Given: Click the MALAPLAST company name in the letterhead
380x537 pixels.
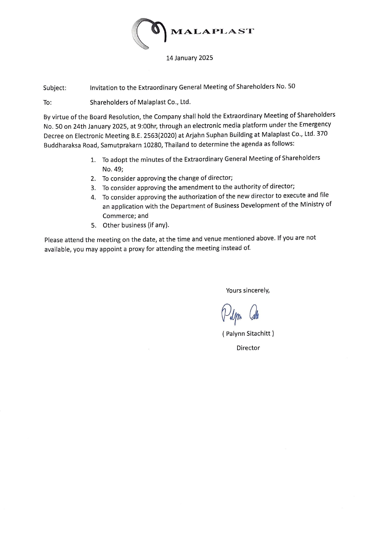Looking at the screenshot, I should coord(212,31).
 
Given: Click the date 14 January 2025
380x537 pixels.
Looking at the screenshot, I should coord(189,58).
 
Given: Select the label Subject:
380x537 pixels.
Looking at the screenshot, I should coord(55,88).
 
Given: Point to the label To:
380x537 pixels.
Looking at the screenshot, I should coord(47,103).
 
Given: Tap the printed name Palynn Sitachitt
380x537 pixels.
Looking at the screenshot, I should coord(248,334).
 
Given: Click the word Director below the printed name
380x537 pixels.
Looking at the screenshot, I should coord(248,348).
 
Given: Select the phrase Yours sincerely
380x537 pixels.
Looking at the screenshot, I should coord(248,290).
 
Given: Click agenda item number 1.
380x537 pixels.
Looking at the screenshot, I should coord(93,160).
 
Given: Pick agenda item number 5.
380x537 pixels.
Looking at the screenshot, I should coord(93,226).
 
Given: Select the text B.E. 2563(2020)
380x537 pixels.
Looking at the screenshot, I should coord(153,136).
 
